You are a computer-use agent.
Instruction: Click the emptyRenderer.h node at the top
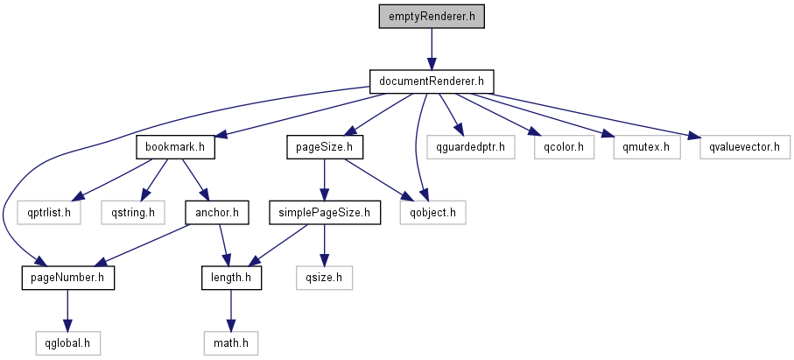432,17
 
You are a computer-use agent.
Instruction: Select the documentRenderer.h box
432,81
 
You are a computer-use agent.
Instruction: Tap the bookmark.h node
176,146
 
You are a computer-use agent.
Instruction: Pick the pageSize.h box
325,146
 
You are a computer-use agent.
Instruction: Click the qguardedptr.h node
471,146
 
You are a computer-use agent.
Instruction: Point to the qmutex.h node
640,146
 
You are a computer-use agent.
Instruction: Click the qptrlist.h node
50,211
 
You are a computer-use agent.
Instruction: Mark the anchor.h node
216,211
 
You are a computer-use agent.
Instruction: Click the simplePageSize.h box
325,211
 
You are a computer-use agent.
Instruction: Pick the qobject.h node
432,211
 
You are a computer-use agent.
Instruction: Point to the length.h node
231,277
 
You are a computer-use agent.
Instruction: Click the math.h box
231,342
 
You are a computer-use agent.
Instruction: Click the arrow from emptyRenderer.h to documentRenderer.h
432,49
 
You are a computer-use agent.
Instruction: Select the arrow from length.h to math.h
231,309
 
